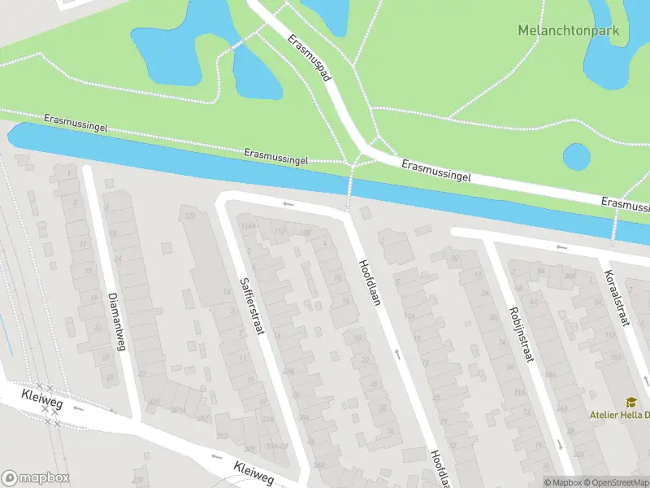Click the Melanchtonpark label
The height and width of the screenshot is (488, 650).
[x=568, y=30]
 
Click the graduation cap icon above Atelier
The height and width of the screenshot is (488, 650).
[x=630, y=402]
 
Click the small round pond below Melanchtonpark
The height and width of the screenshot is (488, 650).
[x=576, y=157]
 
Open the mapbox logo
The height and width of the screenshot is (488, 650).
[x=36, y=478]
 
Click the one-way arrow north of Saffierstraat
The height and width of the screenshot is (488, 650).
[x=286, y=204]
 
